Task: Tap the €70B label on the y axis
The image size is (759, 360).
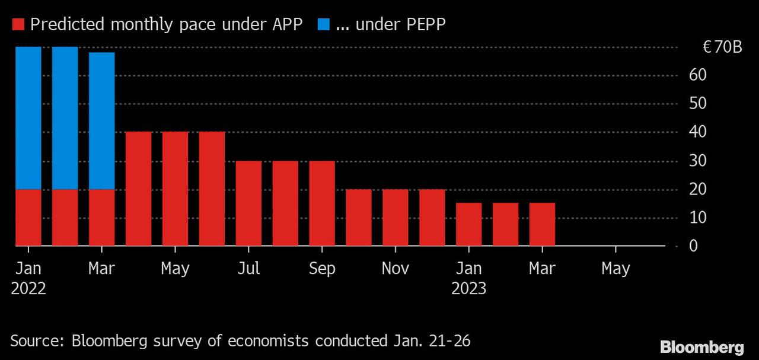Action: (722, 47)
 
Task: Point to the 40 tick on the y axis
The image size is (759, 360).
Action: (697, 132)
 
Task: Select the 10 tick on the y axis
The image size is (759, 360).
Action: (697, 218)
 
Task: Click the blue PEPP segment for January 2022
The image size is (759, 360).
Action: (28, 117)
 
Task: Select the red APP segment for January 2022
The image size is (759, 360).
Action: (28, 217)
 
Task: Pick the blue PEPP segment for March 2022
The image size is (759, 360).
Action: (102, 120)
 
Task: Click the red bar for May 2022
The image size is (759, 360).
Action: (176, 189)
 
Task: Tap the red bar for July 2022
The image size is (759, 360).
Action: (248, 203)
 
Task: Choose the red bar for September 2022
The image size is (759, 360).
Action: (322, 203)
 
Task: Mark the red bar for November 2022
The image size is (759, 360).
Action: (396, 217)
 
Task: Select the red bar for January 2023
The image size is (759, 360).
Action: (469, 224)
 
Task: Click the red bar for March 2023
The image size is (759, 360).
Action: (543, 224)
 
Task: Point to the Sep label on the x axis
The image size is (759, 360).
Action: (322, 269)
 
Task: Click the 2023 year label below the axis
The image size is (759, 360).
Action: (469, 289)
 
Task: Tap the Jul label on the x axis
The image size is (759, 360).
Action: (248, 269)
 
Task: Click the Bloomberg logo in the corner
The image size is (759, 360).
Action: (702, 346)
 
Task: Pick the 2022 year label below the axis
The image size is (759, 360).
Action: (28, 289)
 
